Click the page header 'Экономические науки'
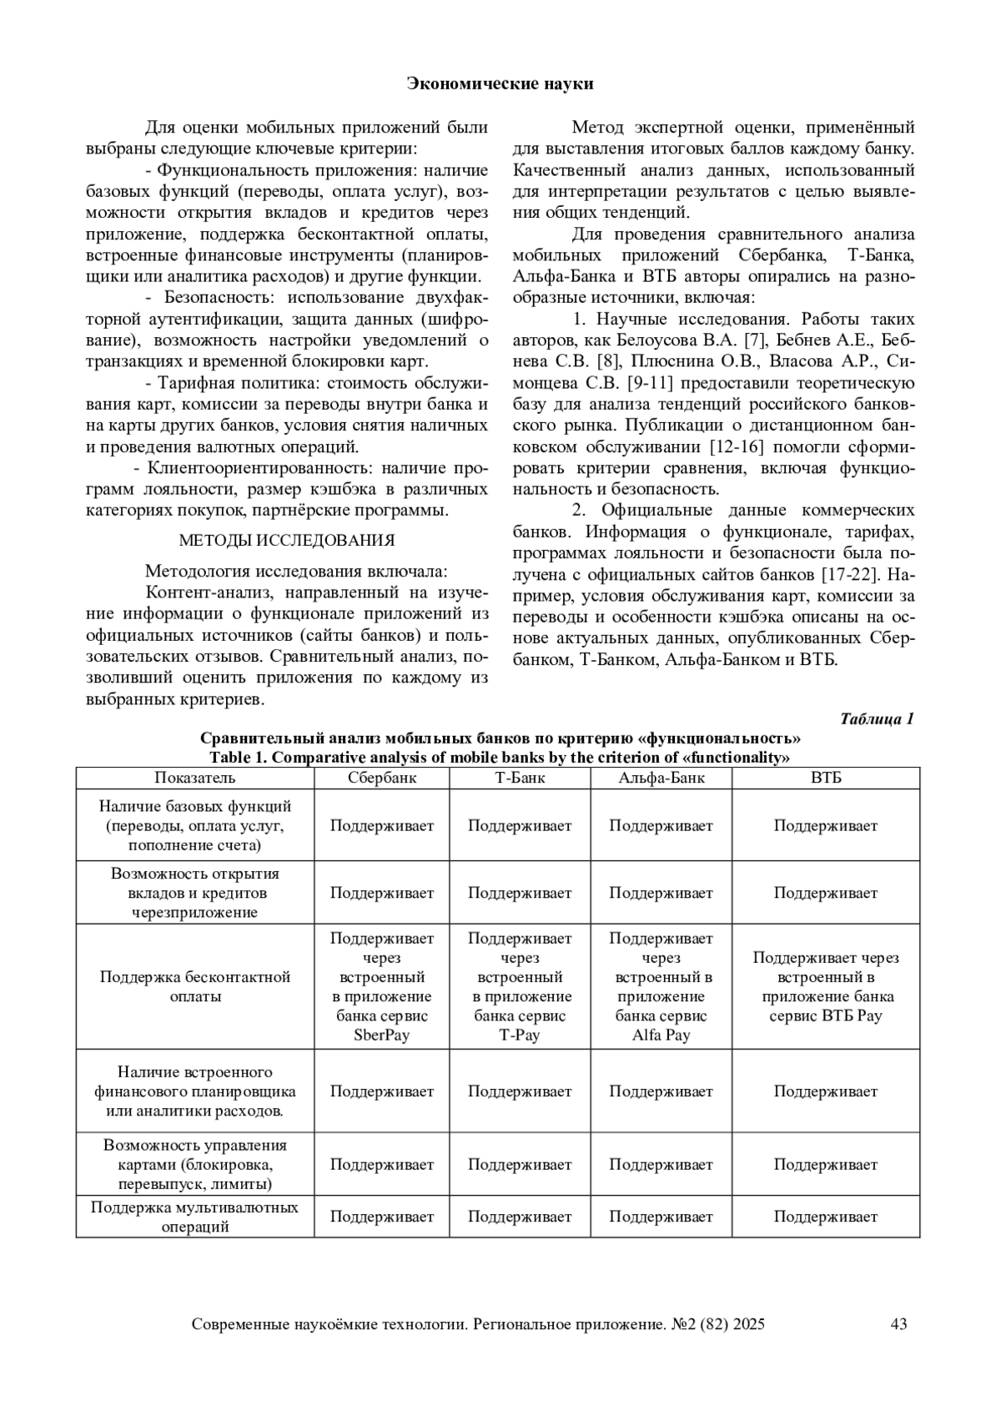[x=500, y=83]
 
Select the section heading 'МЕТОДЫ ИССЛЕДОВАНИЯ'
[x=287, y=541]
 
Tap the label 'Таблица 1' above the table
[x=877, y=719]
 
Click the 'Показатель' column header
[x=195, y=778]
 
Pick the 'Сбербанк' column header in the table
[x=382, y=778]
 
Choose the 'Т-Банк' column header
[x=520, y=778]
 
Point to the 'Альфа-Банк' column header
[x=661, y=778]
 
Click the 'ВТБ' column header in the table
[x=826, y=778]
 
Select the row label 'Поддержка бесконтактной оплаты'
[x=195, y=986]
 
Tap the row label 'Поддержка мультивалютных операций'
[x=195, y=1217]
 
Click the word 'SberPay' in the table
[x=382, y=1036]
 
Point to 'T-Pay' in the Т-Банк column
[x=520, y=1036]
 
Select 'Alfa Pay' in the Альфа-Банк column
[x=661, y=1036]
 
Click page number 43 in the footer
[x=898, y=1324]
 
